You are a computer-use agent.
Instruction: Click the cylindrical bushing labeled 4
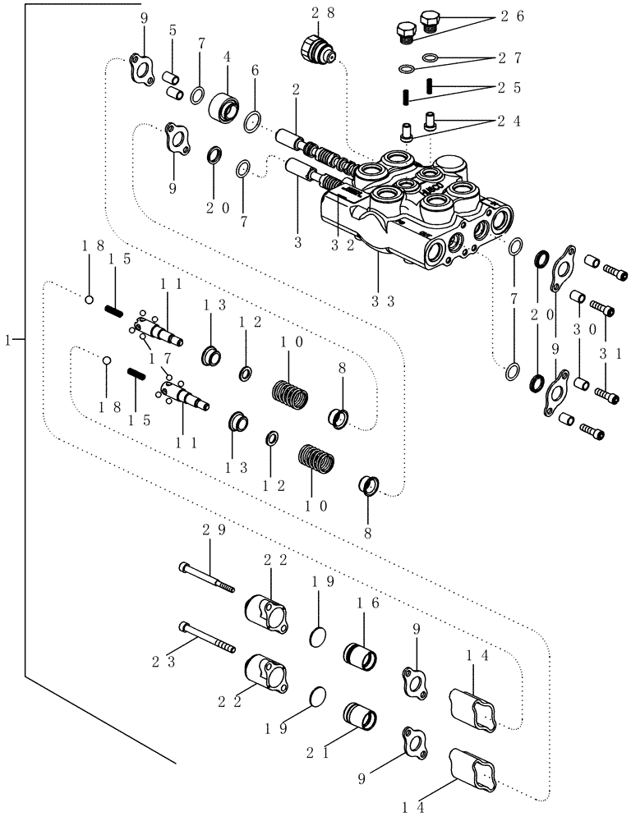click(x=223, y=107)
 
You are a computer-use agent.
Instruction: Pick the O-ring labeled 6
click(x=253, y=122)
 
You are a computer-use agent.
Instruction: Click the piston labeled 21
click(x=361, y=715)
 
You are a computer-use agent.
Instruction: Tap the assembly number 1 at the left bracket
click(x=8, y=340)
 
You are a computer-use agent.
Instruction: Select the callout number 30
click(x=579, y=328)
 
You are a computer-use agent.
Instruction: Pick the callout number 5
click(x=173, y=31)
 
